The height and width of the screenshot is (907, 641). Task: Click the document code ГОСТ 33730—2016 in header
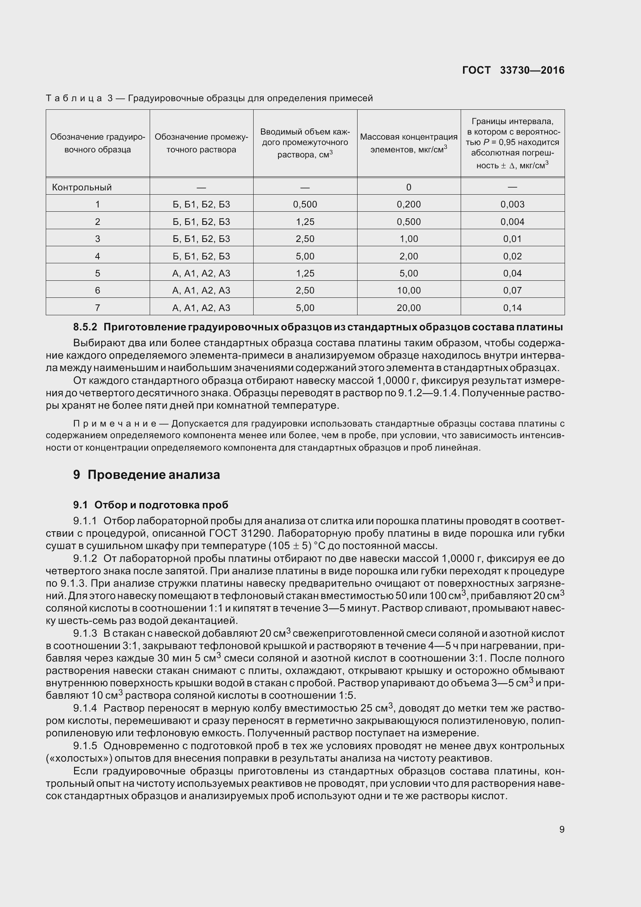[x=513, y=70]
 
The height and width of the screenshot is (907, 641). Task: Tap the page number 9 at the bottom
[x=562, y=829]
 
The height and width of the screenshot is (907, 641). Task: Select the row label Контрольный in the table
[x=82, y=187]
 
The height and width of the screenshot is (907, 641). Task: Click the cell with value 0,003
[x=512, y=204]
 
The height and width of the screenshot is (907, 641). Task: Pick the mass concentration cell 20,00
[x=408, y=308]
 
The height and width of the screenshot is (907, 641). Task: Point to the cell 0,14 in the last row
[x=512, y=308]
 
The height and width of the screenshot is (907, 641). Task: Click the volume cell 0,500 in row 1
[x=305, y=204]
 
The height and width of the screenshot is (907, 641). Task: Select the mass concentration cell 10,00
[x=408, y=290]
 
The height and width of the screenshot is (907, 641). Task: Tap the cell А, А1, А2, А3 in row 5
[x=201, y=273]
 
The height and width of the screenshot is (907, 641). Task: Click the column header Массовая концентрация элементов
[x=408, y=143]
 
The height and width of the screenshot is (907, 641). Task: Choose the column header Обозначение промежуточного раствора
[x=201, y=143]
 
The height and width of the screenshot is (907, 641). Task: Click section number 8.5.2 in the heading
[x=85, y=327]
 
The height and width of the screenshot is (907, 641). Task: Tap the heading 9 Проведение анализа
[x=147, y=474]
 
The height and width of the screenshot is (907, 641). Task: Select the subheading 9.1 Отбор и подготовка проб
[x=150, y=505]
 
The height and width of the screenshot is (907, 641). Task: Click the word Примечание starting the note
[x=114, y=424]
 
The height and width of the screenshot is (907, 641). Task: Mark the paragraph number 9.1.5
[x=85, y=746]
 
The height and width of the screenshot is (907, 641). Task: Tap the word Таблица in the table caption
[x=74, y=98]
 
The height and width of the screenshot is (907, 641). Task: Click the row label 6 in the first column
[x=98, y=290]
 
